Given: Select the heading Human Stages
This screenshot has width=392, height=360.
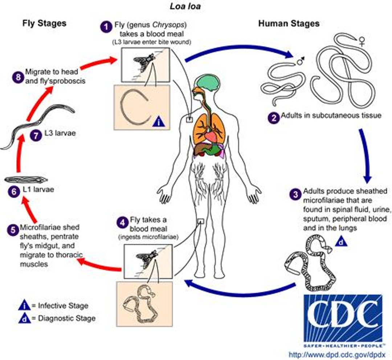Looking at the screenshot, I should click(289, 24).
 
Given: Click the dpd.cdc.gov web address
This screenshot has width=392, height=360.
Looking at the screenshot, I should click(340, 354).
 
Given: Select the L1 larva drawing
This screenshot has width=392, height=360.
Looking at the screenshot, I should click(25, 179).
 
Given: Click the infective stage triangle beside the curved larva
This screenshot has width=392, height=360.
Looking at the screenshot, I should click(159, 121).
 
